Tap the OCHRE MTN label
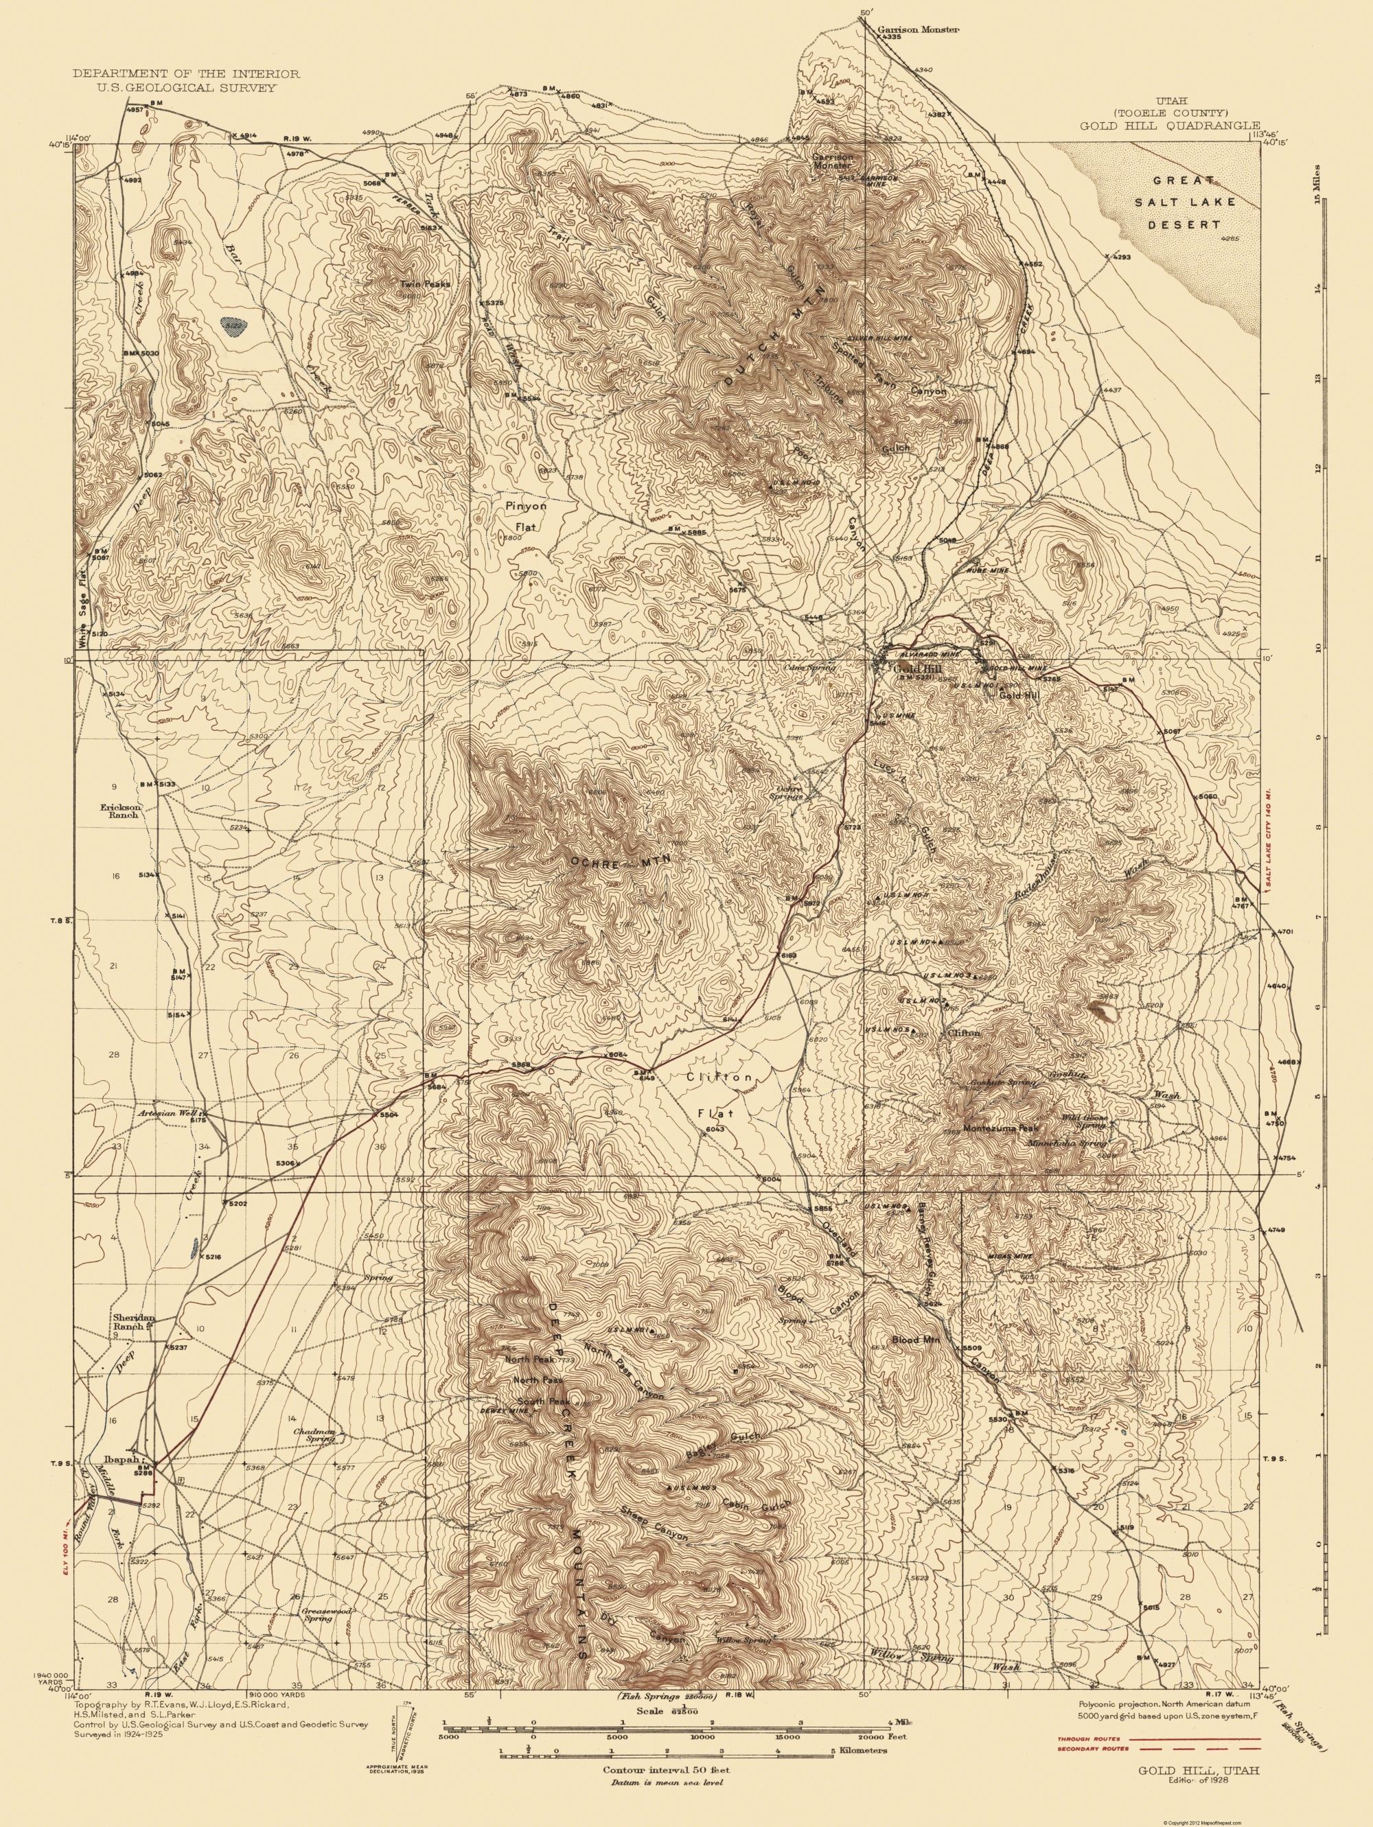tap(619, 861)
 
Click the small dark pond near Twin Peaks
tap(235, 326)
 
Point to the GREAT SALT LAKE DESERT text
tap(1179, 202)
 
